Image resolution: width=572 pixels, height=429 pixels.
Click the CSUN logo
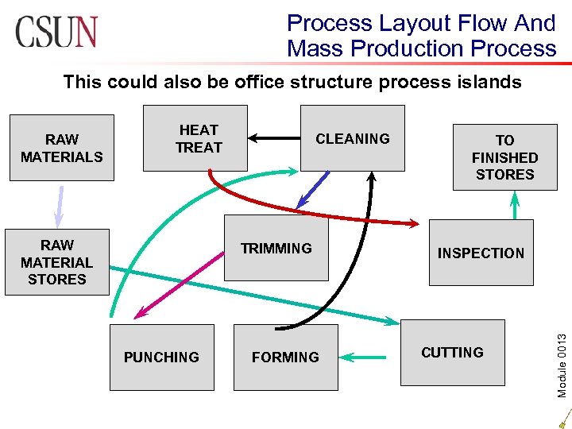tap(56, 32)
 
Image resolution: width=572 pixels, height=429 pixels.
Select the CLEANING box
tap(352, 138)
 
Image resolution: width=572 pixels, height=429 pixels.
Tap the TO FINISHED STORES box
tap(504, 157)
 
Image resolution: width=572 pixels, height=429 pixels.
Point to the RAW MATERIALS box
tap(62, 148)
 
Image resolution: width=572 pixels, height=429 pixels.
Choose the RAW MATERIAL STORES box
tap(56, 262)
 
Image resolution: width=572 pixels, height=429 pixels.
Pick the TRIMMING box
tap(276, 248)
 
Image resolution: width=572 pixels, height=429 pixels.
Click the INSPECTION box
tap(481, 253)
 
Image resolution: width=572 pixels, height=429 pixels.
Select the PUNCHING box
tap(161, 357)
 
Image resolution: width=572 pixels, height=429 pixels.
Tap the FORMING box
tap(285, 357)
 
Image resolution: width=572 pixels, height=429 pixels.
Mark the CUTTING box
tap(452, 352)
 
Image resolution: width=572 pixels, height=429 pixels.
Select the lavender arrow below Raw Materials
tap(58, 206)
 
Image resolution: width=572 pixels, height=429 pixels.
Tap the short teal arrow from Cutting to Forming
tap(366, 357)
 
